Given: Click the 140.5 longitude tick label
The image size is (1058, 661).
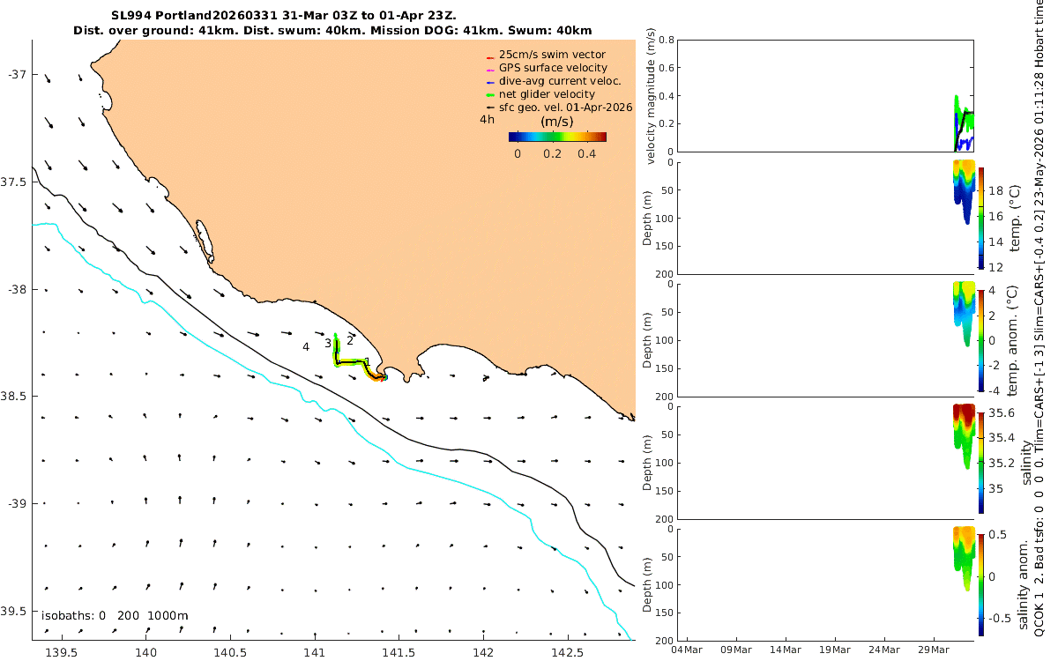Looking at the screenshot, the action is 230,652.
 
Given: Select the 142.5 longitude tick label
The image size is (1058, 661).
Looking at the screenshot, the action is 567,652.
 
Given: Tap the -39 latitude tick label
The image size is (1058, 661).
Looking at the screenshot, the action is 17,504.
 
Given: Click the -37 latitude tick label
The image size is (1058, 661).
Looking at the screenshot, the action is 17,75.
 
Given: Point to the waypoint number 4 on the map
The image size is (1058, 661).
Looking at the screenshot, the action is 306,347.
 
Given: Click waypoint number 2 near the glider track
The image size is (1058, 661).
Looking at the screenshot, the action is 350,340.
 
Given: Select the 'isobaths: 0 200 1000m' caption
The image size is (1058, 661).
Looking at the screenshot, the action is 115,616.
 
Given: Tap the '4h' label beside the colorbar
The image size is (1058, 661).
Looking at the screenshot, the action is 487,120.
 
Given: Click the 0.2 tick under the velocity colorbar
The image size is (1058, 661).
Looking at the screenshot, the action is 552,154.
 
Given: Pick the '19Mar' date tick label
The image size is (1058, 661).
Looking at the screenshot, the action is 835,650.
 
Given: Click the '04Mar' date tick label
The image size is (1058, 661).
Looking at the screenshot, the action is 687,650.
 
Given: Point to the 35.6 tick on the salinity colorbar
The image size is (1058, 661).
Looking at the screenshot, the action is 1002,413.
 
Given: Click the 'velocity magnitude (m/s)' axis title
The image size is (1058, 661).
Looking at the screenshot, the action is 651,96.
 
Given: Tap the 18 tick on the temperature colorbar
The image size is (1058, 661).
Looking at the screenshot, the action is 995,191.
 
